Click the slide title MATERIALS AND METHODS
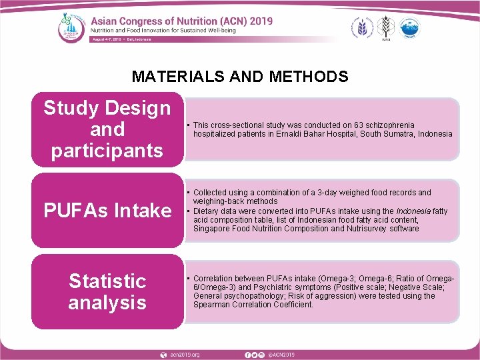coord(240,77)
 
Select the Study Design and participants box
coord(107,129)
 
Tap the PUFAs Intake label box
coord(107,211)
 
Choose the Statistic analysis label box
coord(107,291)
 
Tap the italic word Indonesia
coord(415,211)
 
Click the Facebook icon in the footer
coord(247,354)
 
